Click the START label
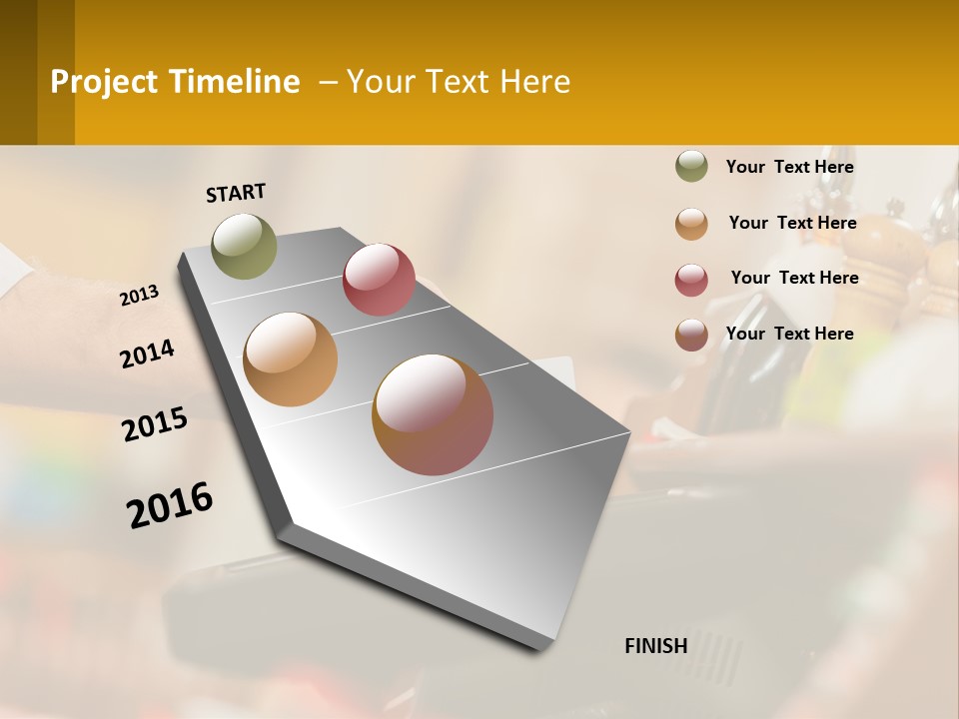click(x=236, y=193)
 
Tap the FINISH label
click(x=655, y=646)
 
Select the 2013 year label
click(x=139, y=296)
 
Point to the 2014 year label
click(x=147, y=355)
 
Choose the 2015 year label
click(x=155, y=424)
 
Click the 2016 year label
click(x=170, y=505)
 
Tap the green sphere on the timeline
click(x=244, y=246)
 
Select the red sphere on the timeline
click(x=379, y=279)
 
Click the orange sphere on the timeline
click(x=290, y=359)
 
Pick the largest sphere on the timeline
click(x=433, y=414)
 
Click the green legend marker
click(x=691, y=167)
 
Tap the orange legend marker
click(x=691, y=224)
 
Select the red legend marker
click(x=691, y=280)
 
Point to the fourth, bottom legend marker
click(x=691, y=335)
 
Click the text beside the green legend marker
click(x=789, y=167)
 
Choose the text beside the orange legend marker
click(x=792, y=223)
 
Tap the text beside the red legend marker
click(x=794, y=278)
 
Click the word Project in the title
click(x=104, y=82)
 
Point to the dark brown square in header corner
click(x=19, y=72)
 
